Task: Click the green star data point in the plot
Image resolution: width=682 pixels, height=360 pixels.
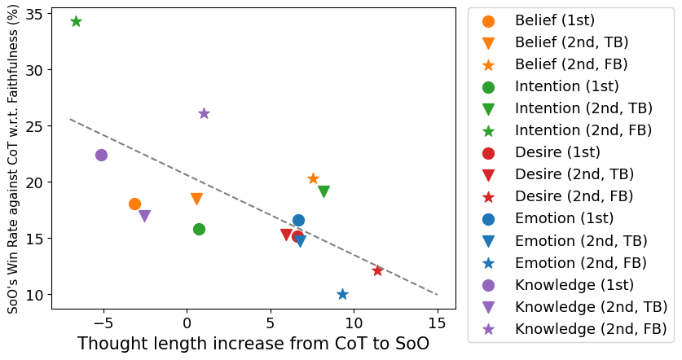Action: click(x=76, y=21)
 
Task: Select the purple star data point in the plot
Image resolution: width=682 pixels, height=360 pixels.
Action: click(x=204, y=113)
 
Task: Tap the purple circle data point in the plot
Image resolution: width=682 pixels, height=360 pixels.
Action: click(x=101, y=156)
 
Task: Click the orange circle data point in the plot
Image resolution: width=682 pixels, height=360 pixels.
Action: click(x=134, y=204)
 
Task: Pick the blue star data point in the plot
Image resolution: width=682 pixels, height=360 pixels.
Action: click(x=342, y=294)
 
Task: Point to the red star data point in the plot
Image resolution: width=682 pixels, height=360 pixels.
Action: click(x=377, y=270)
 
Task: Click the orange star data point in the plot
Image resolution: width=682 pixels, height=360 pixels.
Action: click(x=313, y=178)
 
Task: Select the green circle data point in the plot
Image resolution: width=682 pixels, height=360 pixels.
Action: click(x=199, y=229)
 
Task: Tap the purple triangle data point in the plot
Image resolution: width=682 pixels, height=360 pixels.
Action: click(x=144, y=217)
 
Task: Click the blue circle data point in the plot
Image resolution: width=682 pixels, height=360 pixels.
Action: click(x=298, y=220)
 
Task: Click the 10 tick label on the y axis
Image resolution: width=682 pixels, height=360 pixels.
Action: click(x=32, y=294)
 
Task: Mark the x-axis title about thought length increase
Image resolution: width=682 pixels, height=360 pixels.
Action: click(x=253, y=343)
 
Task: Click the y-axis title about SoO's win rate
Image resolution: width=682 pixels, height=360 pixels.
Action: click(x=12, y=163)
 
